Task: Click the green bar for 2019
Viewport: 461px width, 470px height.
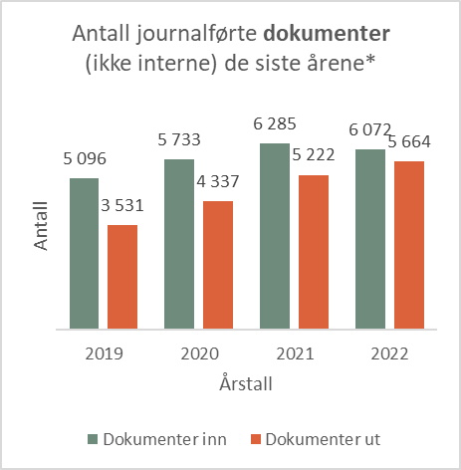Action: [85, 253]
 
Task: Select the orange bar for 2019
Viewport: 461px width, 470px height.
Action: [122, 277]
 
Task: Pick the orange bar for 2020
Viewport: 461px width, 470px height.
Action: [218, 265]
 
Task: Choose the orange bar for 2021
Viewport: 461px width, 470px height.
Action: [314, 252]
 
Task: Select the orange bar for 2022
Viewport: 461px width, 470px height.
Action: [409, 245]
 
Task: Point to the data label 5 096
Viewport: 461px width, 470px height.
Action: [84, 159]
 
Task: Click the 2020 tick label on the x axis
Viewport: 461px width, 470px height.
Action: [199, 353]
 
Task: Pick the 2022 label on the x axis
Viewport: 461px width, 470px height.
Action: [390, 353]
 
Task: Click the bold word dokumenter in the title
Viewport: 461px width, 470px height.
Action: [334, 35]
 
